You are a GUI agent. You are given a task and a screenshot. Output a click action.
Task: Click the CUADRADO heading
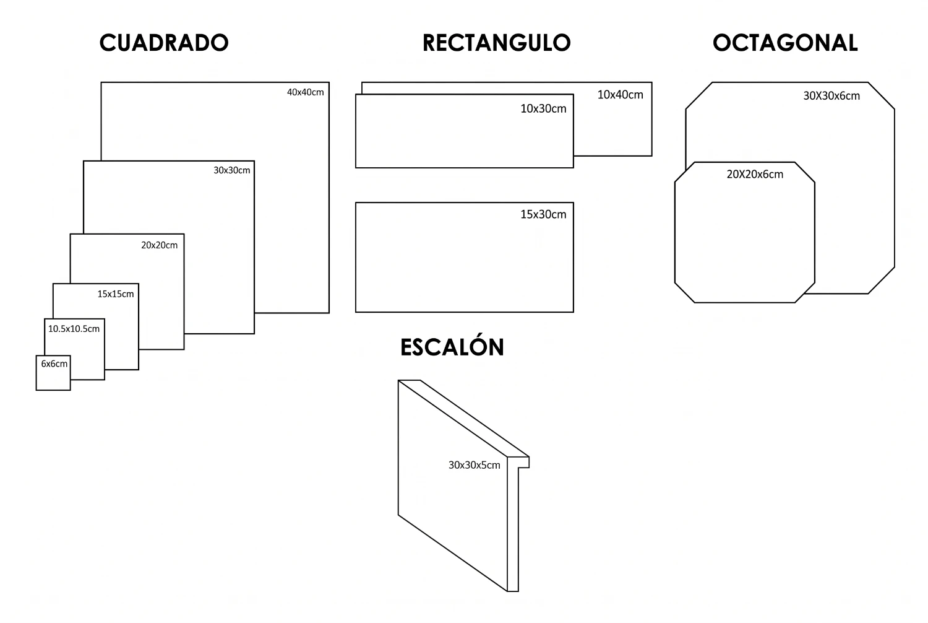click(164, 43)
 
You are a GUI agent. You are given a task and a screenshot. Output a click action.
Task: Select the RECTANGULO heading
click(496, 43)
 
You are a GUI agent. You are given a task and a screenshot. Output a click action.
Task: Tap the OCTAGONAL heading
click(785, 43)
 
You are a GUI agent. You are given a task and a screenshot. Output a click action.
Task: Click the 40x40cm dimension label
click(306, 92)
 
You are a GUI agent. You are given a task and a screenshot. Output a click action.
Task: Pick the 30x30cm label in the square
click(231, 170)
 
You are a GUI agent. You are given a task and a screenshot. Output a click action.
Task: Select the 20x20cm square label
click(159, 245)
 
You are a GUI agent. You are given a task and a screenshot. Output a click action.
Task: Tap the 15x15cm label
click(116, 294)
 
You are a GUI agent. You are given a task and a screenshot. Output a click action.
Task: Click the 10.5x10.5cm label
click(74, 329)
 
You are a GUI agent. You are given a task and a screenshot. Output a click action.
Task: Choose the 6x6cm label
click(54, 364)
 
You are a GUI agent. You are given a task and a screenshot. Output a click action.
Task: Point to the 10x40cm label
click(620, 95)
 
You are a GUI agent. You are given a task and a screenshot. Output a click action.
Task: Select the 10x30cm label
click(543, 108)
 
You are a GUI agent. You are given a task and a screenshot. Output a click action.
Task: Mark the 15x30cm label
click(543, 214)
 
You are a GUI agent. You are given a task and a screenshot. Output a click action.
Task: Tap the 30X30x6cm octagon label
click(831, 96)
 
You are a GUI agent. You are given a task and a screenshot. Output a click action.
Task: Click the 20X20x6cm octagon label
click(755, 174)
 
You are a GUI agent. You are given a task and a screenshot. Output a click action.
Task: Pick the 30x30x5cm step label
click(474, 465)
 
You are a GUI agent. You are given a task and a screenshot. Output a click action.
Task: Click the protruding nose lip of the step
click(523, 462)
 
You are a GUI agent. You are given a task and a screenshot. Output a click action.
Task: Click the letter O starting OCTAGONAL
click(723, 43)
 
